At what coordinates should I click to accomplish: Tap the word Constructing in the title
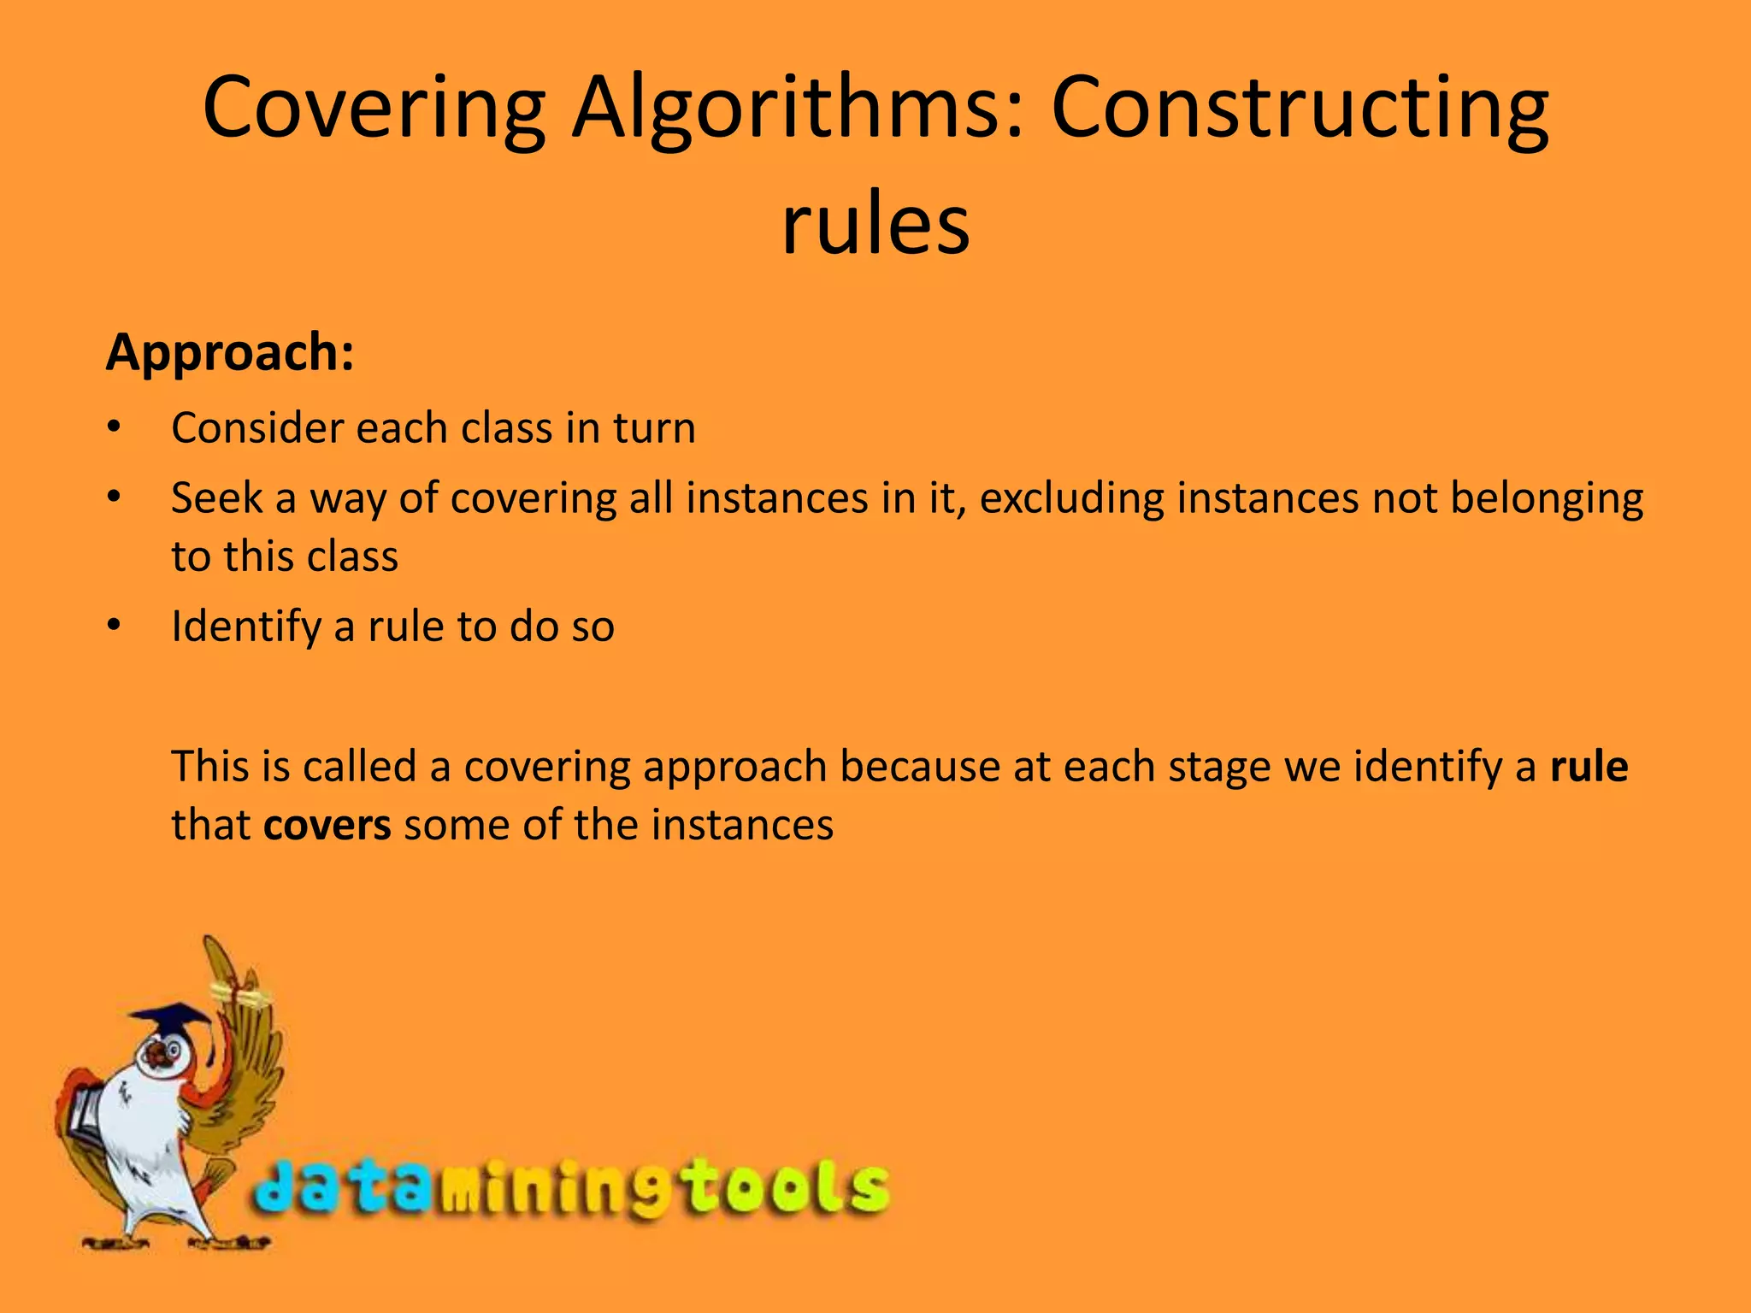1299,109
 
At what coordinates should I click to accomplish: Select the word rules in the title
875,224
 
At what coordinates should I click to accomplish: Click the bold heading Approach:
230,352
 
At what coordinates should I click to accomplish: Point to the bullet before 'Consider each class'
115,427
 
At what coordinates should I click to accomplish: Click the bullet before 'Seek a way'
115,498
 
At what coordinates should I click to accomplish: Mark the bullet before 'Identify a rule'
115,627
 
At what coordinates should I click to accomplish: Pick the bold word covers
327,825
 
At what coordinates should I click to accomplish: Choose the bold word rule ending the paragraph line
1589,766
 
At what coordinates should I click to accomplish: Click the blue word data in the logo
342,1189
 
